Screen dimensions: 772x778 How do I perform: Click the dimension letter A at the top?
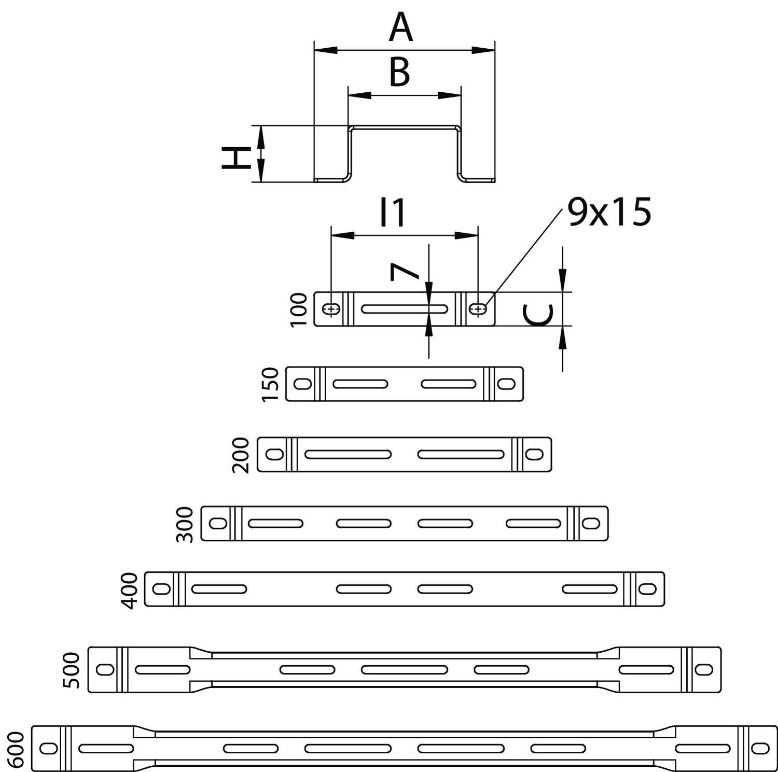(401, 29)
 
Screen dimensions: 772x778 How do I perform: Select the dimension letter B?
(399, 73)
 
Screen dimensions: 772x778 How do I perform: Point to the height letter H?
(233, 158)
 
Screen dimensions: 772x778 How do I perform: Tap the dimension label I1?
(393, 213)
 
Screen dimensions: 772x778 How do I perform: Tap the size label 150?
(271, 384)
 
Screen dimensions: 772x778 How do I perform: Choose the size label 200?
(242, 455)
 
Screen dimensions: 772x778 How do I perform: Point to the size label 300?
(185, 524)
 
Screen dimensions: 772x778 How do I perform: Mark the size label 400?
(129, 590)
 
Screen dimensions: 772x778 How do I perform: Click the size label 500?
(72, 670)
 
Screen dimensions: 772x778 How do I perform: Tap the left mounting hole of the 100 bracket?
(331, 310)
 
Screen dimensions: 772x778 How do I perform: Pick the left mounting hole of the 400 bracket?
(161, 589)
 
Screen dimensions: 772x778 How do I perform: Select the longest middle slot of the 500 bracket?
(405, 669)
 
